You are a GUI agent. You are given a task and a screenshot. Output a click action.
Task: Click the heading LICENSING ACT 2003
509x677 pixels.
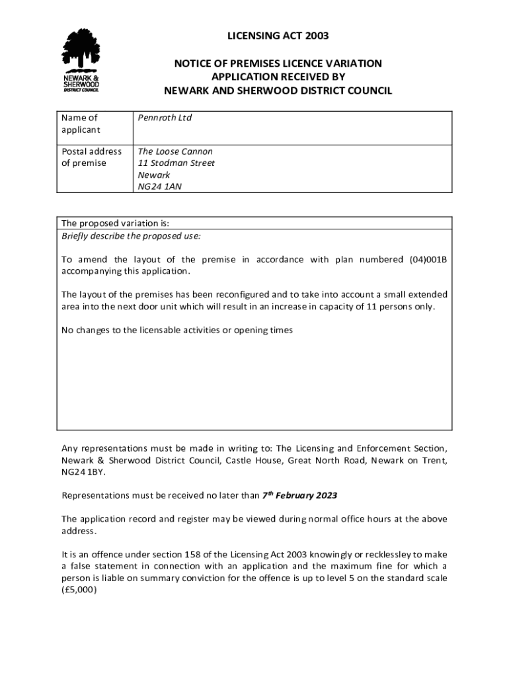(x=278, y=36)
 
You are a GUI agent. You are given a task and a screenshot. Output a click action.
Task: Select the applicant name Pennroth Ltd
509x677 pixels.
(x=165, y=118)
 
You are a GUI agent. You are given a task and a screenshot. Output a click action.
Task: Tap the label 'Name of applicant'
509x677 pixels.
(x=80, y=124)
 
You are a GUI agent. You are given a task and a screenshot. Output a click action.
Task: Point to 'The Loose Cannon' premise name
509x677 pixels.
(x=175, y=151)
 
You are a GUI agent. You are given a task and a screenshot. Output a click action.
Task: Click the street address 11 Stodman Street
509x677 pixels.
(x=176, y=163)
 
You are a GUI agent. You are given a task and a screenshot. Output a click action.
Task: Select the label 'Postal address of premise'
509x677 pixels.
(x=91, y=157)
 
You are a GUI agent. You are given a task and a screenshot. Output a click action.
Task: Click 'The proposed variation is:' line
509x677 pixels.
(x=116, y=223)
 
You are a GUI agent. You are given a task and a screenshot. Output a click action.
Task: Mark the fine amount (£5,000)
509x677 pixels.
(x=79, y=590)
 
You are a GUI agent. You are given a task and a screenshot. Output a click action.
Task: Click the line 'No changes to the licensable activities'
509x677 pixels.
(x=177, y=330)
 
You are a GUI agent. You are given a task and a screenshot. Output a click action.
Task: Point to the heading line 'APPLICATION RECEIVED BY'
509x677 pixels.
(x=278, y=77)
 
